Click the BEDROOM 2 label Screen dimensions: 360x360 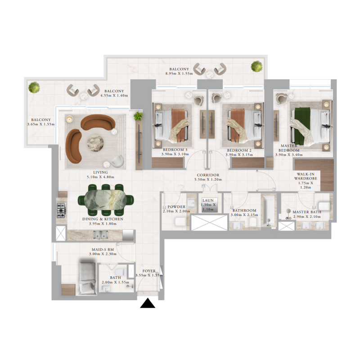[x=238, y=150]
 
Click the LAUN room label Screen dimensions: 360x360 [x=208, y=201]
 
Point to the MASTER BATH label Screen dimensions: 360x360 [x=306, y=212]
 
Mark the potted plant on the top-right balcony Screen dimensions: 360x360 [x=256, y=66]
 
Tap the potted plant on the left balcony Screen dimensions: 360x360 [x=34, y=87]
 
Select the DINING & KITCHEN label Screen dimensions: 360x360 [x=103, y=219]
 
